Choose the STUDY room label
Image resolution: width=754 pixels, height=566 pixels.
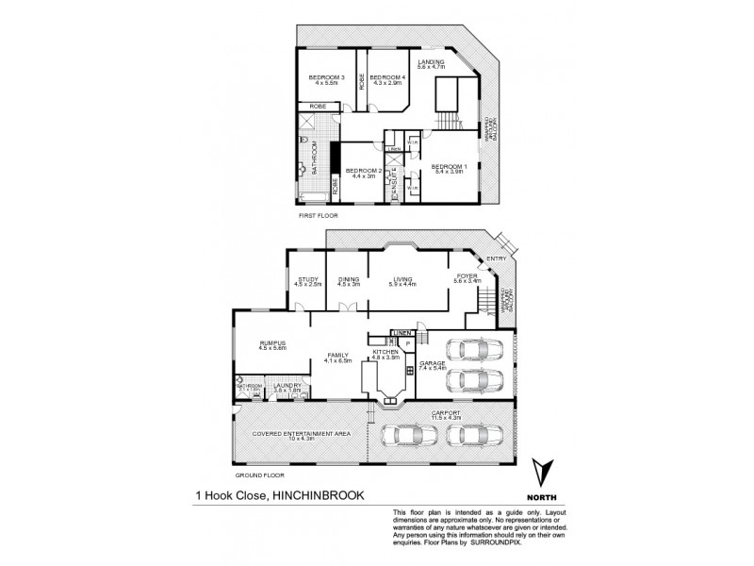(308, 281)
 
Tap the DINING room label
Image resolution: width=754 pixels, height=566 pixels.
(348, 281)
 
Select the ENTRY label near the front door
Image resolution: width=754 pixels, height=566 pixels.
(497, 260)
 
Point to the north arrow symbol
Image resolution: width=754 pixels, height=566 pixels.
(542, 471)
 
